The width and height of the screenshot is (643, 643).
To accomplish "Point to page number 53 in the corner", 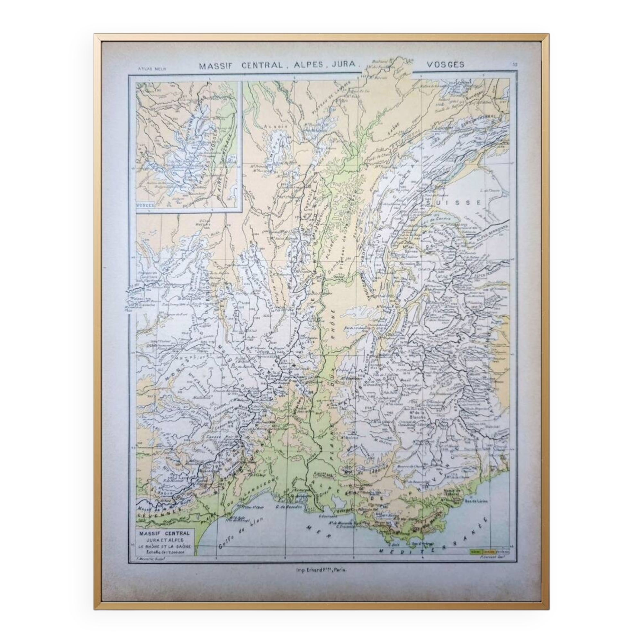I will point(515,65).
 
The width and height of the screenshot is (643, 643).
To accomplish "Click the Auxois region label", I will point(273,127).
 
